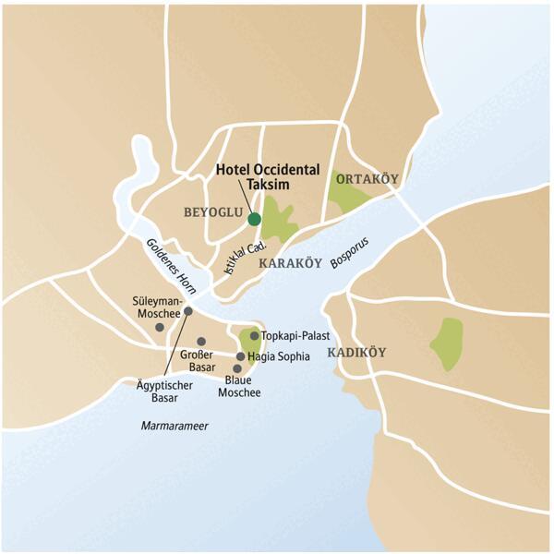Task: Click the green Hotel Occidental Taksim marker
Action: (x=254, y=219)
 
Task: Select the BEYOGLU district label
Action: (x=213, y=212)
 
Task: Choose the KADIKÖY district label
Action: (x=355, y=353)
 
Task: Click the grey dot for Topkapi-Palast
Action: (x=254, y=336)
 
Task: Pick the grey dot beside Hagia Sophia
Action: (x=241, y=356)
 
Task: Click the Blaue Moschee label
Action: (x=239, y=386)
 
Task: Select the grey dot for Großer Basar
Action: (x=201, y=342)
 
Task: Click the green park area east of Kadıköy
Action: (x=449, y=343)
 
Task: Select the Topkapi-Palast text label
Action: (x=296, y=336)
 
